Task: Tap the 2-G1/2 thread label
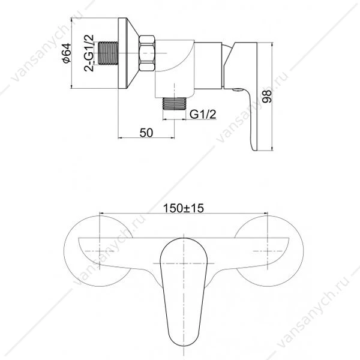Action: [x=89, y=53]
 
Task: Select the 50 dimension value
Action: [x=146, y=133]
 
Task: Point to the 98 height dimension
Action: [x=267, y=97]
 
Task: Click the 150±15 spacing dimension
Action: [x=183, y=208]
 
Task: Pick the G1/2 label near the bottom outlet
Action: [x=203, y=114]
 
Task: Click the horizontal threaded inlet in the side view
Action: [x=108, y=53]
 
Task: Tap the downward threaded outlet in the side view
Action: [x=174, y=104]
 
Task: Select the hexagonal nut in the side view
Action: [x=147, y=53]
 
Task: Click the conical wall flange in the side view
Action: [x=128, y=53]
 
